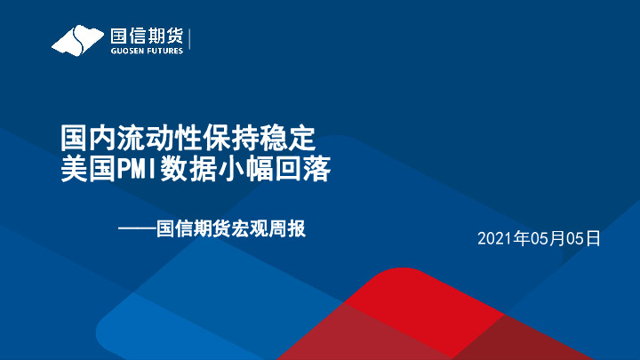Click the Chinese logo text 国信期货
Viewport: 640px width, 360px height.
pos(147,36)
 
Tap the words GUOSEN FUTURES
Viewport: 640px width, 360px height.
pos(147,51)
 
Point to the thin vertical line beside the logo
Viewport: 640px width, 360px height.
pos(191,41)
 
